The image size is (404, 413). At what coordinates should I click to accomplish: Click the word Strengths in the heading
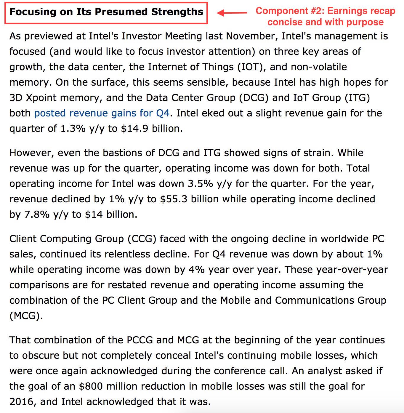[177, 12]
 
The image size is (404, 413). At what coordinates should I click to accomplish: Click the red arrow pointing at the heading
[232, 13]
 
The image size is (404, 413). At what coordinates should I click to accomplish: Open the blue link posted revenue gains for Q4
[102, 113]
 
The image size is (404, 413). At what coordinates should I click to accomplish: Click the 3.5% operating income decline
[200, 184]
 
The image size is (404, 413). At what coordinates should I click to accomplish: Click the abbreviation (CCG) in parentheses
[142, 239]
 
